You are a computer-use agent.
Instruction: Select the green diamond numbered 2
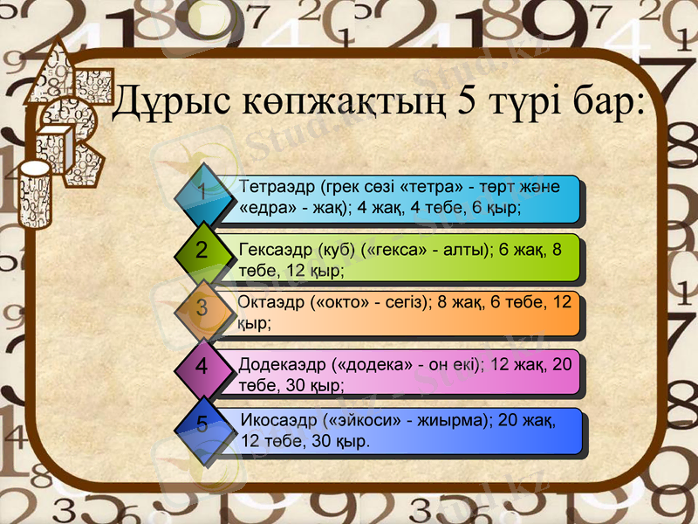click(202, 251)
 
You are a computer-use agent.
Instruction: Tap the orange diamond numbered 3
click(202, 308)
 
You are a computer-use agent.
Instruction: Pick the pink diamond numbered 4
click(202, 367)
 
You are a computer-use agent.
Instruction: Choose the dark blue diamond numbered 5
click(202, 425)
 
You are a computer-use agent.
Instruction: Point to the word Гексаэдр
click(277, 249)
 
